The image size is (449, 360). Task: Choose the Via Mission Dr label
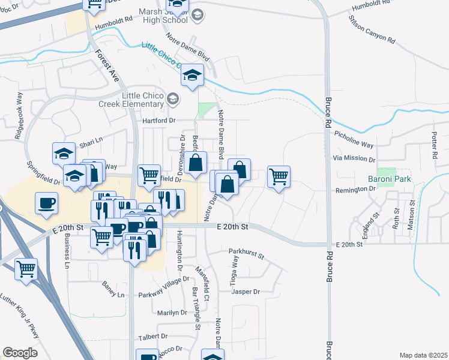click(x=354, y=160)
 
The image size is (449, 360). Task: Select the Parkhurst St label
click(x=246, y=254)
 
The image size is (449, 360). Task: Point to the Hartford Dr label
click(x=158, y=121)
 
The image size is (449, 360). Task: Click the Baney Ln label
click(x=113, y=295)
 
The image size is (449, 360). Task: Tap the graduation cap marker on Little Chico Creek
click(x=193, y=74)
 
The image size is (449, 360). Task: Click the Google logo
click(x=20, y=353)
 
